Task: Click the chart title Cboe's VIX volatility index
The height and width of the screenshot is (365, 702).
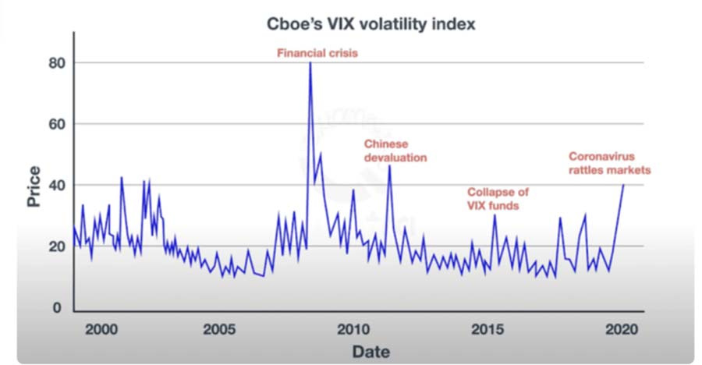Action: coord(369,25)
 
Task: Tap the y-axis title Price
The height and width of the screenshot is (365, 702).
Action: coord(34,188)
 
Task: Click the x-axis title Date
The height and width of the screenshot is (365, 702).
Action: coord(370,351)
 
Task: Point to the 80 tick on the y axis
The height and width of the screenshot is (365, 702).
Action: coord(54,62)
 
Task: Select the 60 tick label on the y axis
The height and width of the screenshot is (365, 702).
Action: coord(54,124)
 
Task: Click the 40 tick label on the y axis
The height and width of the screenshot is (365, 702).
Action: coord(54,186)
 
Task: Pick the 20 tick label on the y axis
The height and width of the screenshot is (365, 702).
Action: coord(54,247)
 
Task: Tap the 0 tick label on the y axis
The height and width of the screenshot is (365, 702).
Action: coord(58,309)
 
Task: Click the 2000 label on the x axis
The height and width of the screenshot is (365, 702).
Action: coord(101,328)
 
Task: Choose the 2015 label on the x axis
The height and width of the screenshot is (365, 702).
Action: coord(487,328)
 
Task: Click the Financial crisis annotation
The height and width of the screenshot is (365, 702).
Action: coord(311,54)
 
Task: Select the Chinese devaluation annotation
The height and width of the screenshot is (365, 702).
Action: coord(395,151)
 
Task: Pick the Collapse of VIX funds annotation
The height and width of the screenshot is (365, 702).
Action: coord(498,199)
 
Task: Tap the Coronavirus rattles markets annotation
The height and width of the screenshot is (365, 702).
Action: coord(609,163)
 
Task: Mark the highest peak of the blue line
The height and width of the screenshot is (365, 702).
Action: coord(310,63)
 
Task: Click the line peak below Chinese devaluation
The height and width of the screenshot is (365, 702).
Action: coord(389,165)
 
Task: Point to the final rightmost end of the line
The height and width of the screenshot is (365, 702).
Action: coord(623,184)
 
